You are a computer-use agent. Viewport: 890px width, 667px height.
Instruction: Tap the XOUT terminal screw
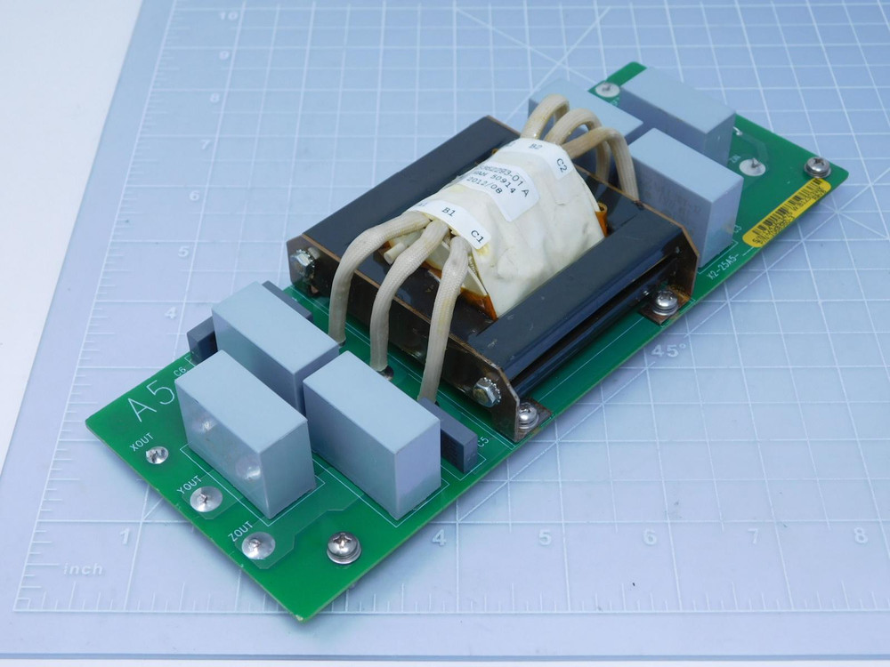coord(158,454)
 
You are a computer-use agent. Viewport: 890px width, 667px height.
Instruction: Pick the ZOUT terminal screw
coord(258,545)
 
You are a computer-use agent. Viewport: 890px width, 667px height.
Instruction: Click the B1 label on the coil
coord(449,212)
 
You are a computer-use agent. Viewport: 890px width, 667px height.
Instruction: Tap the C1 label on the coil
coord(477,237)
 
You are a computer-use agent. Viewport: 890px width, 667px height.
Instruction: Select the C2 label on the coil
coord(562,164)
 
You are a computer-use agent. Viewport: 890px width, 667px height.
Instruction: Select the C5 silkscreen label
coord(483,440)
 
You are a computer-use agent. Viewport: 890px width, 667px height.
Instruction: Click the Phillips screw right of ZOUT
coord(344,546)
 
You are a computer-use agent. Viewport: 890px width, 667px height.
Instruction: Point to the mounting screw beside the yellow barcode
coord(816,166)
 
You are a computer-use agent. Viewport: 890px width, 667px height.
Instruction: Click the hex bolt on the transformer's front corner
coord(486,389)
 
